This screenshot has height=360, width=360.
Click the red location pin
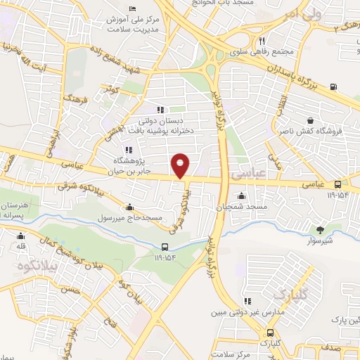tap(181, 165)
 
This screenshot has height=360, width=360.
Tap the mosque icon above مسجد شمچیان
tap(243, 196)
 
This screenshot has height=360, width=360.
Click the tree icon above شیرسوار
tap(321, 229)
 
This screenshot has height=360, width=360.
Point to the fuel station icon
tap(333, 88)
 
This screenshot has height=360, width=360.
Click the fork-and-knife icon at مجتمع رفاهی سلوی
tap(262, 41)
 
